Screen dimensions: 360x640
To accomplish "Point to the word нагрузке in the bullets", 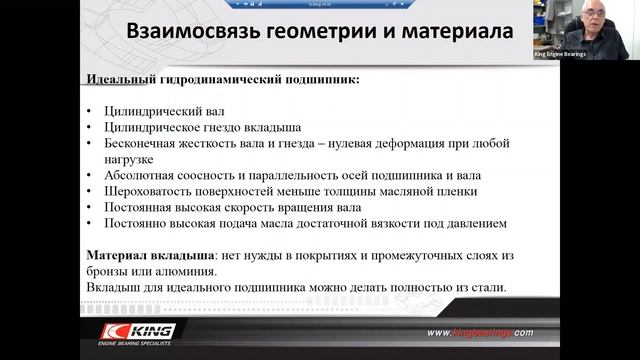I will [126, 159].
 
